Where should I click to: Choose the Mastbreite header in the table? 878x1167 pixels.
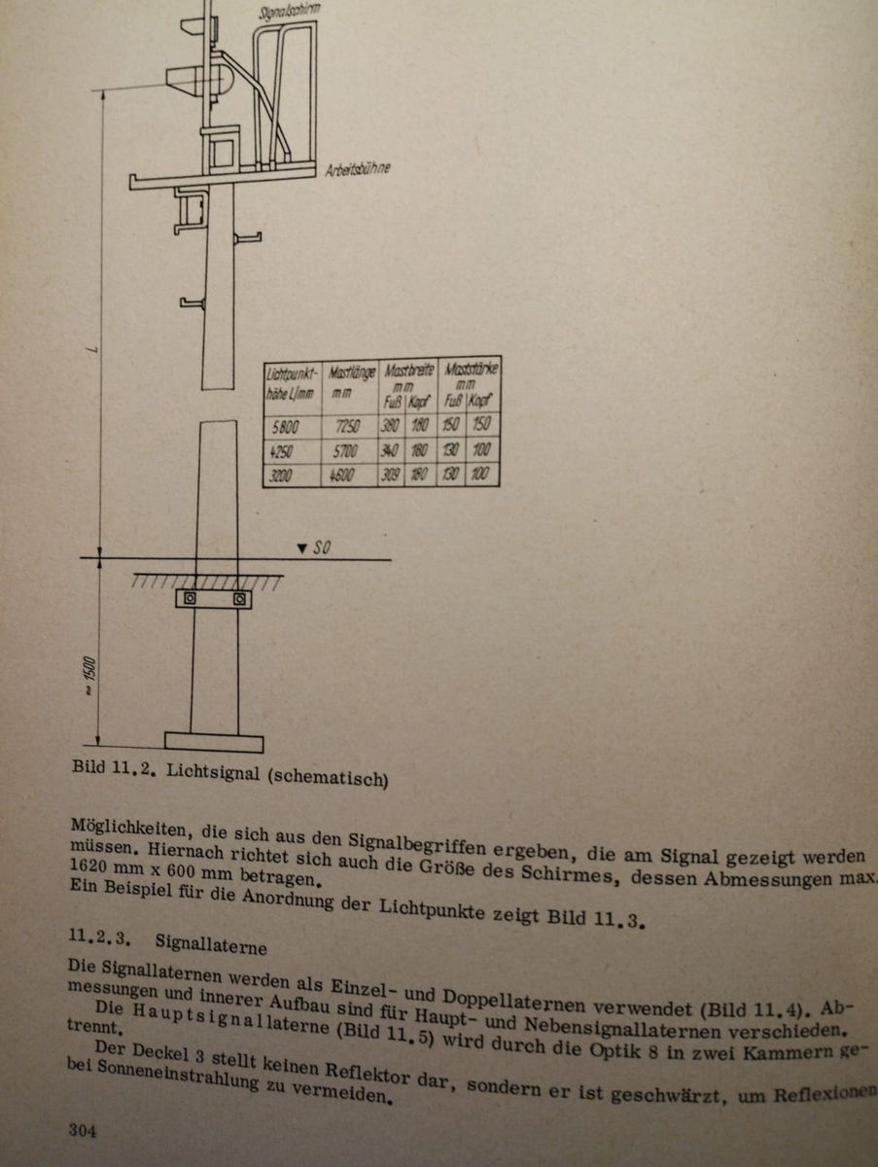(408, 371)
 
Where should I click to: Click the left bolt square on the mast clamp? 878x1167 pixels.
(189, 599)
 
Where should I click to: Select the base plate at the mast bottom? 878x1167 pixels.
(214, 742)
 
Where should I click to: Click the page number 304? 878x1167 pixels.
(84, 1131)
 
